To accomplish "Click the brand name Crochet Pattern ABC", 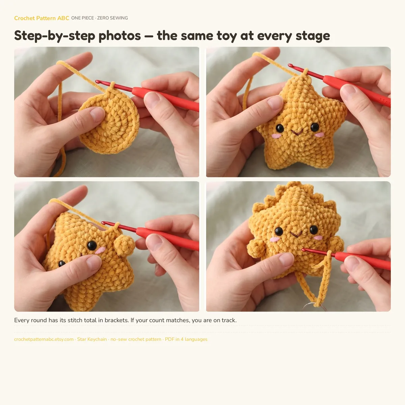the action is tap(42, 18).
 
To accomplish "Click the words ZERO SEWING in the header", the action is tap(112, 18).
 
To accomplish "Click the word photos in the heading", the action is tap(119, 36).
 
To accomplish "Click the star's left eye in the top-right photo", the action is tap(280, 128).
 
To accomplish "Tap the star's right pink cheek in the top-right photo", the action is tap(320, 135).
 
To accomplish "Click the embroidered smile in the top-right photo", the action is tap(297, 132).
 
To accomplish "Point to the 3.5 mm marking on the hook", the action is tap(385, 101).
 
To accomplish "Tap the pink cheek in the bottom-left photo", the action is tap(100, 250).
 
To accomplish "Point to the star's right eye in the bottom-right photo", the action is tap(314, 230).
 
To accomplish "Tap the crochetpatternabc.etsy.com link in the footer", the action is tap(44, 339).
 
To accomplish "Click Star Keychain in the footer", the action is tap(92, 339).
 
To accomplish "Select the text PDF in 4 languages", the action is tap(186, 339).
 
